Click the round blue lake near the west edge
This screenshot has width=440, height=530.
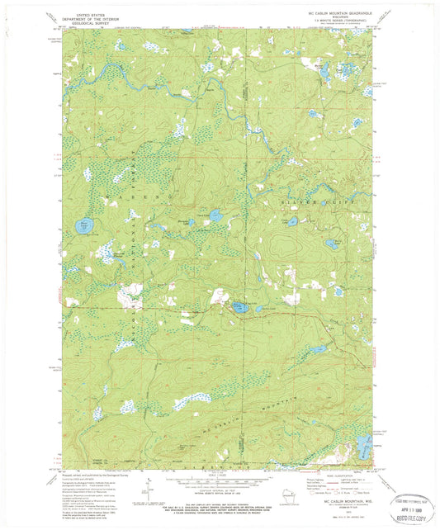point(83,225)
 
